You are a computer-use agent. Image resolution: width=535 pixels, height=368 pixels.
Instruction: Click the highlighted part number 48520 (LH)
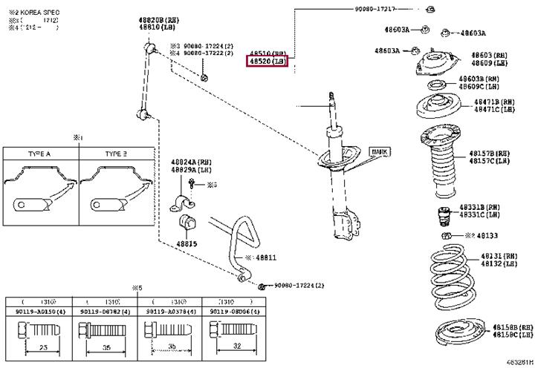coord(267,62)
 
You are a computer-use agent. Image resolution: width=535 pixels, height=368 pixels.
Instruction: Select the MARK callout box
coord(379,151)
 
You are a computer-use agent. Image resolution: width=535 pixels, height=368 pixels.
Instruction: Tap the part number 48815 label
coord(187,243)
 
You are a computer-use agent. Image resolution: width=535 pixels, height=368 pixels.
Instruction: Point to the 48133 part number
coord(487,236)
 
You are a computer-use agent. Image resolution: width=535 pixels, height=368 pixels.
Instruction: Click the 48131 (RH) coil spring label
coord(498,256)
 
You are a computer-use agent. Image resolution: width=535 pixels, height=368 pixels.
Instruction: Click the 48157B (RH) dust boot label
coord(489,154)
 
